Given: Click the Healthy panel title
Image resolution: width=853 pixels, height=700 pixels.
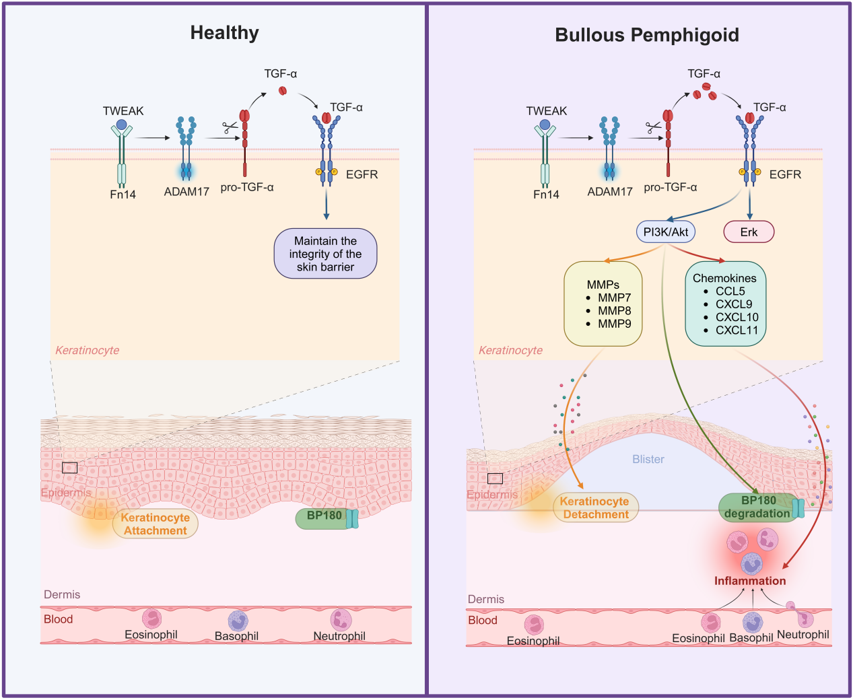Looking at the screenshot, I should pos(224,33).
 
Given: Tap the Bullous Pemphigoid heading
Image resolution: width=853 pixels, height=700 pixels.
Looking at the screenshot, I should pos(646,35).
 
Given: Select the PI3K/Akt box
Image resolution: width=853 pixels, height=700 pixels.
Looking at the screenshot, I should pos(666,232).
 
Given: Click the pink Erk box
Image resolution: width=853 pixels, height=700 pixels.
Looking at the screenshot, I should pos(749,232).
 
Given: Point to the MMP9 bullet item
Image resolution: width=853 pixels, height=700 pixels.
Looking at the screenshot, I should pos(614,324).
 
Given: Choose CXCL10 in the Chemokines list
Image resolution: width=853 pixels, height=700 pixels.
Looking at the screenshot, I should pos(737,317).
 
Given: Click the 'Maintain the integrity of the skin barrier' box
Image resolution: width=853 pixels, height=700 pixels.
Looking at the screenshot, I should pos(325,254).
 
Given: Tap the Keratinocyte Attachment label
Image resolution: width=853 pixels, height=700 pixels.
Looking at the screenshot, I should pos(156,524).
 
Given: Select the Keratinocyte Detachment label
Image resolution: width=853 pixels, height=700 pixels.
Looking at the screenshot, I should pos(595,508).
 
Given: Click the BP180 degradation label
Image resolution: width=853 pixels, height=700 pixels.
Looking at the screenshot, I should pos(757,507).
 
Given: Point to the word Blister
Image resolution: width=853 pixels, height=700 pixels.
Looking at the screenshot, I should pos(648,459).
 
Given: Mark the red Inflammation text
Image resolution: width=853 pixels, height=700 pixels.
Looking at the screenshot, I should pos(750,581).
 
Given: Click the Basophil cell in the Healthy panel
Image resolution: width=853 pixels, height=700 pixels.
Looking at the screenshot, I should pos(238,621).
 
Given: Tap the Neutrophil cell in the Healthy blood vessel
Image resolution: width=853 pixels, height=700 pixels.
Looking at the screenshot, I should pos(341,620).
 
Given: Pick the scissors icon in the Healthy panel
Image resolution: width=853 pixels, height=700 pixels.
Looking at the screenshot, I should pos(230,127).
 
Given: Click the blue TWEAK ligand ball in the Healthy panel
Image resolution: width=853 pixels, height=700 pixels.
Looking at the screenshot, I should pos(121,125).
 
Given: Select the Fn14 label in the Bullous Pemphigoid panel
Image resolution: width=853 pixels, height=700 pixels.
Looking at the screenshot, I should pos(546,195).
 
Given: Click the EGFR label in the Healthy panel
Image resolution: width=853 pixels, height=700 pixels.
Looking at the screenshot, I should pos(362,174).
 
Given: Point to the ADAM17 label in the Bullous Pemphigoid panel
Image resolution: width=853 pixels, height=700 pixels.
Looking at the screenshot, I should pos(610,192).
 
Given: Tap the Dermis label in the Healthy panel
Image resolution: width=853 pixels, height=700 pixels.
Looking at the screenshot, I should pos(62,594).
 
